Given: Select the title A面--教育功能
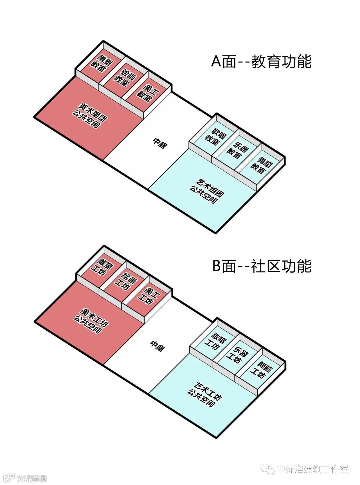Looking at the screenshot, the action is [x=261, y=62].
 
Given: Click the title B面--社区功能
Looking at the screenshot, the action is [x=262, y=266].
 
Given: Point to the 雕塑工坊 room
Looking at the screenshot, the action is [x=101, y=267].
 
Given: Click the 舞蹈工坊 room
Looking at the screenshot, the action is [x=261, y=370].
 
